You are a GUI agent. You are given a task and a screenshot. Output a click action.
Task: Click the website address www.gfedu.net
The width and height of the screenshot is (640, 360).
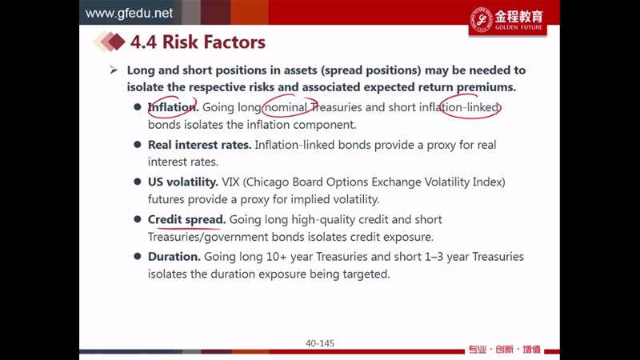coord(129,13)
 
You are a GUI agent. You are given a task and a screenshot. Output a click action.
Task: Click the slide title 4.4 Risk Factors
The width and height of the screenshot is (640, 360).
coord(198,42)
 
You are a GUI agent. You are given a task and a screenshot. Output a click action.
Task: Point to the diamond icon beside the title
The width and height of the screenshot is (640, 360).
coord(109,42)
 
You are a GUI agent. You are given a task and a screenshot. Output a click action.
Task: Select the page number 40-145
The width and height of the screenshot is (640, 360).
coord(320,343)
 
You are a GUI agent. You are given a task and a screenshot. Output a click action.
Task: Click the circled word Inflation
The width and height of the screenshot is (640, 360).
coord(173,107)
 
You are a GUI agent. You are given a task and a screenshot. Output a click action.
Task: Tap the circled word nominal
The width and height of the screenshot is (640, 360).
coord(286,107)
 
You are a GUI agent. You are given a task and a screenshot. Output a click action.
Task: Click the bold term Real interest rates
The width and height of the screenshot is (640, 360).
coord(199,145)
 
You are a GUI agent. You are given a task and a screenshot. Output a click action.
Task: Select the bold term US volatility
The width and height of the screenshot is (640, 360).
coord(183,182)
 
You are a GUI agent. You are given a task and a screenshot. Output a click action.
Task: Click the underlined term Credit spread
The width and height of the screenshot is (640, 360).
coord(186,219)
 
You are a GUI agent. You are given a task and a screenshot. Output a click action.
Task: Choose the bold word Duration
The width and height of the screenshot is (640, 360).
coord(174,257)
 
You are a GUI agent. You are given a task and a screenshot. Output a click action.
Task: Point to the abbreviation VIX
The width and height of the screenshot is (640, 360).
coord(230,182)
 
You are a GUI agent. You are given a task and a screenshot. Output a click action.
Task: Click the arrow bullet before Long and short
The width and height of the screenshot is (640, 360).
coord(114,70)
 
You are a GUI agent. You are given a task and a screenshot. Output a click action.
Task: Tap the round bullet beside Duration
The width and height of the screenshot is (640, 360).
coord(138,256)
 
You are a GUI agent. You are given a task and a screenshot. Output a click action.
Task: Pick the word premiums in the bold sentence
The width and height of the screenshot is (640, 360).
coord(486,87)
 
